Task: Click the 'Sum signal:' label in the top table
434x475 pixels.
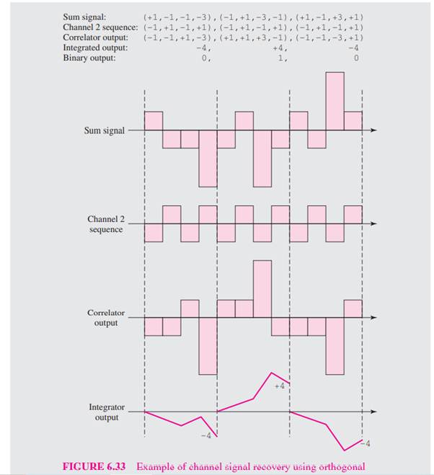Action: (x=84, y=14)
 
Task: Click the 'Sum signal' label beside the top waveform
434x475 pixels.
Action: (x=104, y=130)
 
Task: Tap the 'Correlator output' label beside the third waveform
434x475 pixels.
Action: (x=106, y=318)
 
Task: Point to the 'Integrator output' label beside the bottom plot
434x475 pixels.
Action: (x=106, y=412)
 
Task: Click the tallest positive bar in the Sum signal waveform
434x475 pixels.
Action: (x=335, y=101)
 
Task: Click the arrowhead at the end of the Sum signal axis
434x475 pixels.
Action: (x=373, y=130)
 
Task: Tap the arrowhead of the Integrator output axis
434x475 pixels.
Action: (x=373, y=412)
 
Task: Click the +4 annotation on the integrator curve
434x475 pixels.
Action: (x=281, y=386)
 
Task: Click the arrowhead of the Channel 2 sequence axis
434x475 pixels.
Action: (x=373, y=223)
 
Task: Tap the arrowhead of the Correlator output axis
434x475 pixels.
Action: (x=373, y=318)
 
